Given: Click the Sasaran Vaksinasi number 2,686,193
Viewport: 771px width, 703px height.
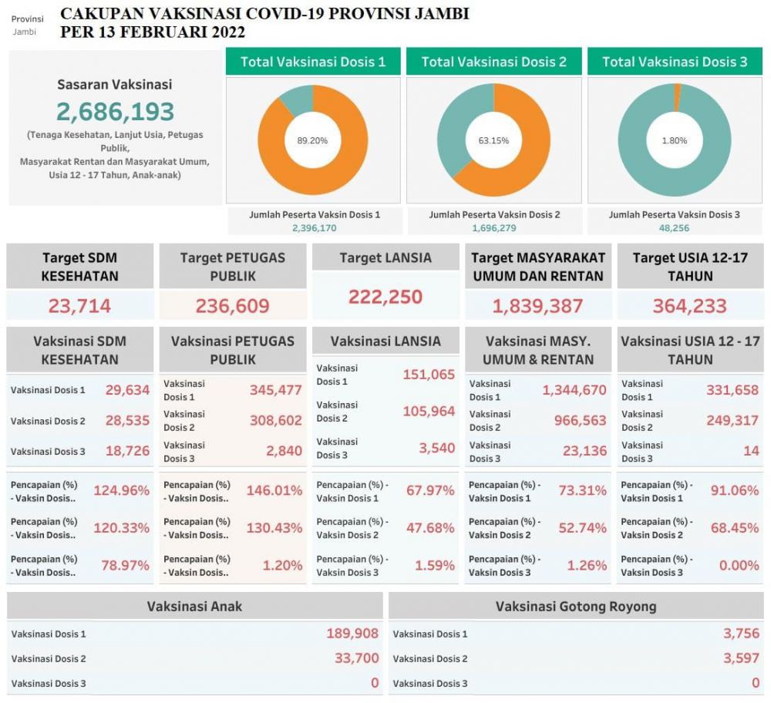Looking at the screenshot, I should [115, 112].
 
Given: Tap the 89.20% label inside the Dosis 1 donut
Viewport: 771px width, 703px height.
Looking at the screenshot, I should [312, 140].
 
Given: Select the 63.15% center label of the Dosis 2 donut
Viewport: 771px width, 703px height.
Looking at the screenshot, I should [493, 140].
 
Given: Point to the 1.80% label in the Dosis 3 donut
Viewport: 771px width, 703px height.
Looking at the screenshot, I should [675, 140].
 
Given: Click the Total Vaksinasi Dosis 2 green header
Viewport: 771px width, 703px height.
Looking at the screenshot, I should [493, 62].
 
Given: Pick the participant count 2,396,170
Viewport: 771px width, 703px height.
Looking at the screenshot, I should [315, 228].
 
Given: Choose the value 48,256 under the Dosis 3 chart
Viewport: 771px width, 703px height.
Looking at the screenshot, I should [675, 228].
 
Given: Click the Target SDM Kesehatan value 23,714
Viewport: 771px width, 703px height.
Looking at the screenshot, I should [79, 306].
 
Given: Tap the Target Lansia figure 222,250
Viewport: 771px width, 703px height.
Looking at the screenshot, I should [385, 297].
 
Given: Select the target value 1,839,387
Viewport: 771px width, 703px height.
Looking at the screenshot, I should [537, 306].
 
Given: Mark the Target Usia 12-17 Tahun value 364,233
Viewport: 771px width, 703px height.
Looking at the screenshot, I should [690, 306].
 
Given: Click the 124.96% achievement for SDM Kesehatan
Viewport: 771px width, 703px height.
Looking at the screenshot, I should [121, 490].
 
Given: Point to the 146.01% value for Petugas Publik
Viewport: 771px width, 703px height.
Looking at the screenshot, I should [274, 490].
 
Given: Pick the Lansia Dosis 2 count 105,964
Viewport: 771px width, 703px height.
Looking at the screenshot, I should [429, 412].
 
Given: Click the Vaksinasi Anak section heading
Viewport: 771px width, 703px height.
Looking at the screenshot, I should [194, 606].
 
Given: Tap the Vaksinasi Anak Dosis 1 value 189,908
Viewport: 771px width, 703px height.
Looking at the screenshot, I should [352, 634].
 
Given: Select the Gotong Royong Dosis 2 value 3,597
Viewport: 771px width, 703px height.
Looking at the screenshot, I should [741, 658].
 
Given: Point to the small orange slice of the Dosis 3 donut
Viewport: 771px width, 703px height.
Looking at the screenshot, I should [677, 97].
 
